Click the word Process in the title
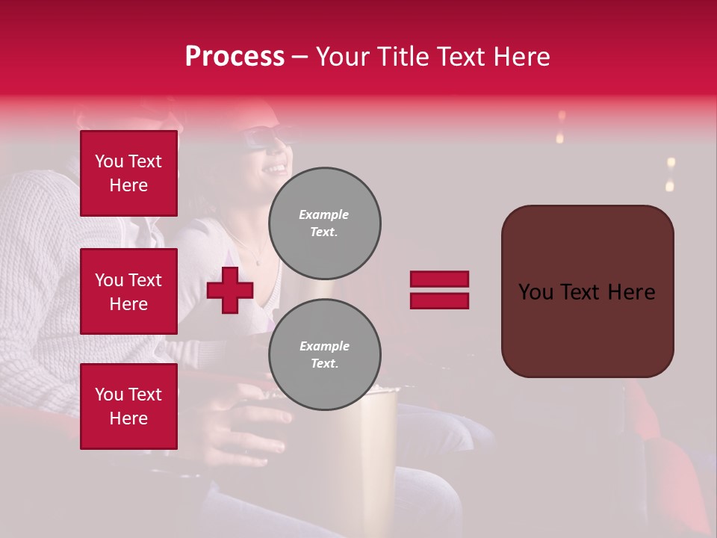coord(235,57)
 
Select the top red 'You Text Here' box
coord(128,173)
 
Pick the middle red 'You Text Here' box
coord(128,291)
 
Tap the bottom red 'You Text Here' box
coord(128,406)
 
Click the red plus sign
coord(230,290)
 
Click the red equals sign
coord(439,290)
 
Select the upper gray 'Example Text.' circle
coord(324,223)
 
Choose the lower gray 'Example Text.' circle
coord(324,354)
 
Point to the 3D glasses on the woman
coord(264,139)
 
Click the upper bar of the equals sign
coord(439,279)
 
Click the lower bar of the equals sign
coord(439,300)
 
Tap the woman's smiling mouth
coord(277,169)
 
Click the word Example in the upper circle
coord(324,214)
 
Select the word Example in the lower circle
coord(324,346)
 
